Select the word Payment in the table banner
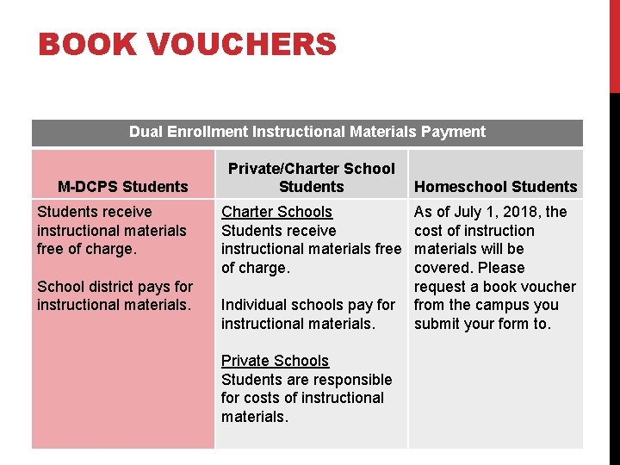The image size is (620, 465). (453, 132)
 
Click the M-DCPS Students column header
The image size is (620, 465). (122, 187)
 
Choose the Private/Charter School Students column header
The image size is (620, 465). (311, 177)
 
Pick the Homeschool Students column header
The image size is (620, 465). (495, 187)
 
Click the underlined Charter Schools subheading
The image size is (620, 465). (276, 212)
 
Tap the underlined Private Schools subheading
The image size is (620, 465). (275, 361)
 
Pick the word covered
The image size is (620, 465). (443, 268)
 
